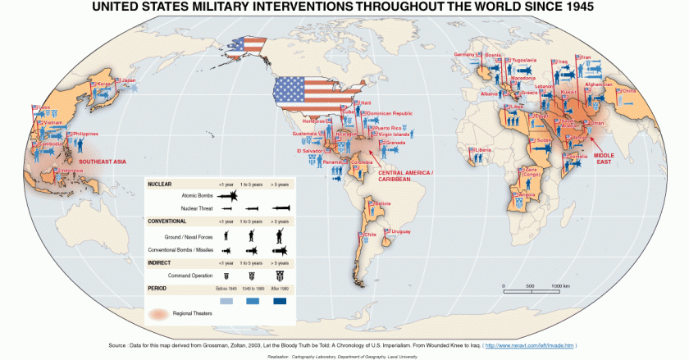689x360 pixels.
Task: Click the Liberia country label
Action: click(x=483, y=150)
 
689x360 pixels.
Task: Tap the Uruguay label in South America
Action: click(x=401, y=231)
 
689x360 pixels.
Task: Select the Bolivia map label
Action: click(x=383, y=203)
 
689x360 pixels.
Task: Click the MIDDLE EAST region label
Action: click(x=604, y=155)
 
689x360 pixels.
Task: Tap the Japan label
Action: click(x=127, y=80)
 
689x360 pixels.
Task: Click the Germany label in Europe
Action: click(x=464, y=54)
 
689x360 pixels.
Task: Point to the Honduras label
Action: click(x=313, y=121)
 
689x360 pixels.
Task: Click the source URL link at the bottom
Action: click(x=529, y=345)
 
